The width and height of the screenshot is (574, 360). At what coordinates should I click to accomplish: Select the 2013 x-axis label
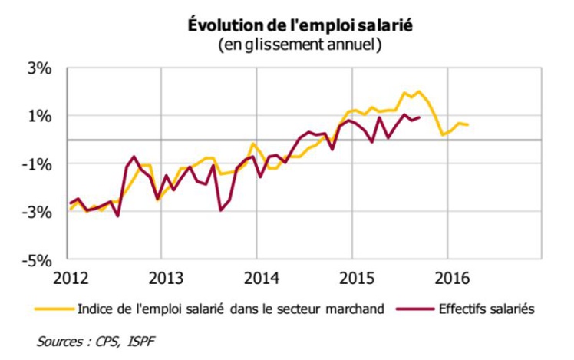(161, 276)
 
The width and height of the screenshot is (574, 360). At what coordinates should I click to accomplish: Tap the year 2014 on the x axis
(257, 276)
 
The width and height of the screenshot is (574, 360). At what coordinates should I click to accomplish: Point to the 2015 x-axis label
(352, 276)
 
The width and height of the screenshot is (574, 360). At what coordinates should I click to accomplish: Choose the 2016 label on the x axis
(448, 276)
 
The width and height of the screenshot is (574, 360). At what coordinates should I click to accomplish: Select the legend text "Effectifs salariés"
(485, 309)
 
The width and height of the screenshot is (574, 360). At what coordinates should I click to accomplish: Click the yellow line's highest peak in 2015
(418, 91)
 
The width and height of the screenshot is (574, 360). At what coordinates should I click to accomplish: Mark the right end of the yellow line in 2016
(468, 125)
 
